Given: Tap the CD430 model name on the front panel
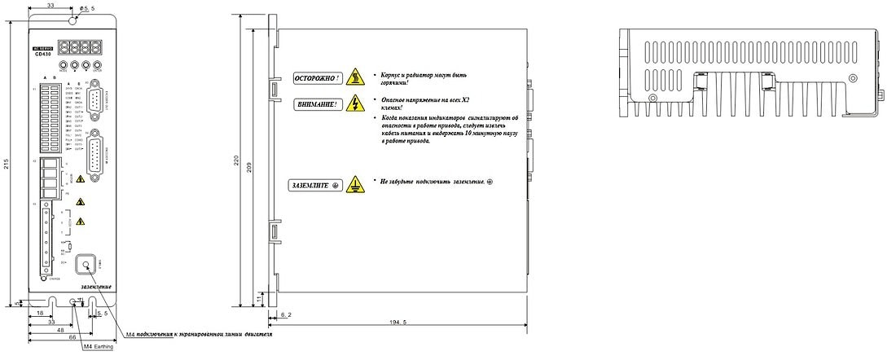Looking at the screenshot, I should tap(45, 55).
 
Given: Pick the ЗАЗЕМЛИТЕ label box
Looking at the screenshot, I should tap(314, 186).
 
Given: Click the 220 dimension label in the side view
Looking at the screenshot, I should tap(238, 161).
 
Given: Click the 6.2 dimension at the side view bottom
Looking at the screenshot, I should tap(285, 314).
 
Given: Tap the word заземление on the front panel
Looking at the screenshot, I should tap(96, 287).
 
